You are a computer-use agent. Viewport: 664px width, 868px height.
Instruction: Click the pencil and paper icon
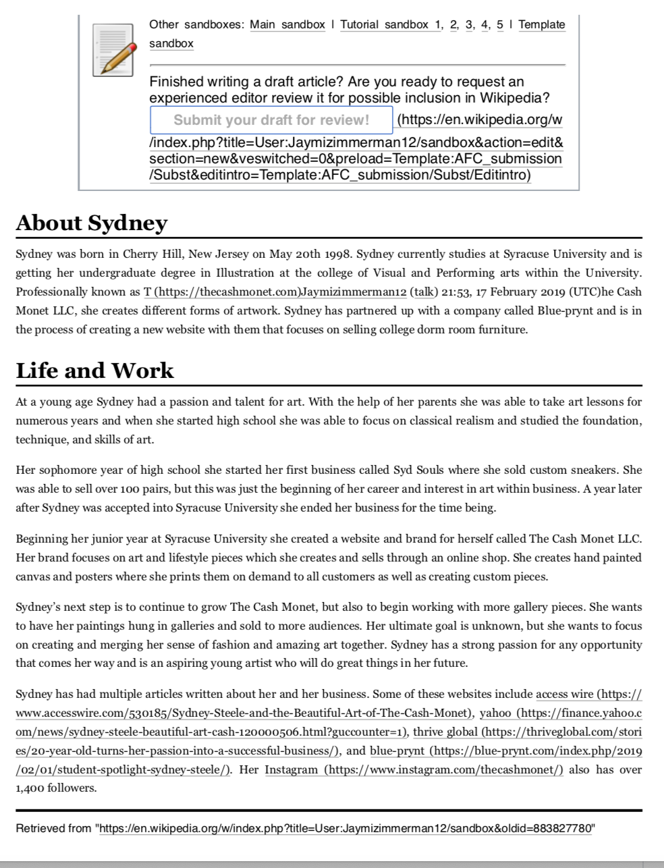112,49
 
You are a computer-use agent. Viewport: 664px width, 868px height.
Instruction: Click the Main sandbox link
287,25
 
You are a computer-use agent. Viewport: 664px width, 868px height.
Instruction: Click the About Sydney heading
91,223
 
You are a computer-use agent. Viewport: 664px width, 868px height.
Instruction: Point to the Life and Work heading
94,371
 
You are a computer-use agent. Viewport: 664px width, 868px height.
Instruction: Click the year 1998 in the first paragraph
335,254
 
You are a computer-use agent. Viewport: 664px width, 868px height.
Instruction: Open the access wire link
565,695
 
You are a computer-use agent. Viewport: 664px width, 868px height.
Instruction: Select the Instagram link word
291,770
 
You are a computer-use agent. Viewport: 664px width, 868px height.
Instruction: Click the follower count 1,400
30,788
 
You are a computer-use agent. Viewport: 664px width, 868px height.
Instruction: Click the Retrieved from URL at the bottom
345,829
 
